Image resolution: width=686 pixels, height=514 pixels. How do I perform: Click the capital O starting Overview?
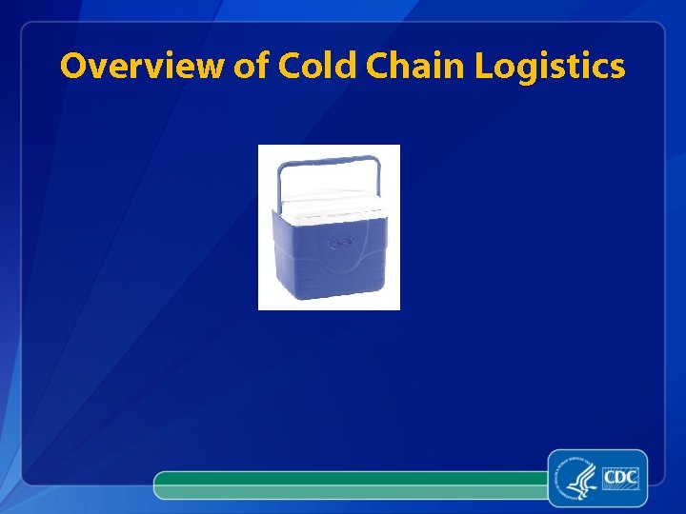point(73,67)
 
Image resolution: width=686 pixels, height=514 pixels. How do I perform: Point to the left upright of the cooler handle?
point(279,186)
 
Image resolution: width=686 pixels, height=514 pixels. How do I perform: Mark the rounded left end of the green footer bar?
point(160,484)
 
